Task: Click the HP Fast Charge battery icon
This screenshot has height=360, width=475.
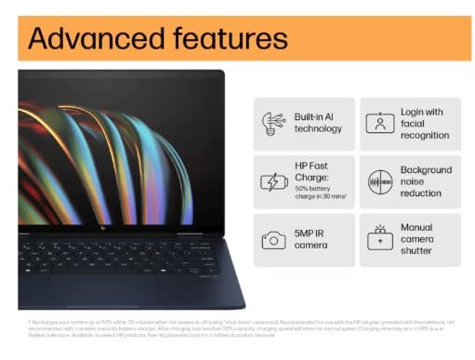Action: tap(274, 181)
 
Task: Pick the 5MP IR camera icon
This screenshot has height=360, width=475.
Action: tap(274, 240)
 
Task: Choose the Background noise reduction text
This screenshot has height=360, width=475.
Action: tap(426, 181)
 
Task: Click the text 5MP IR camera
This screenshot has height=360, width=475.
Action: tap(310, 240)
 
